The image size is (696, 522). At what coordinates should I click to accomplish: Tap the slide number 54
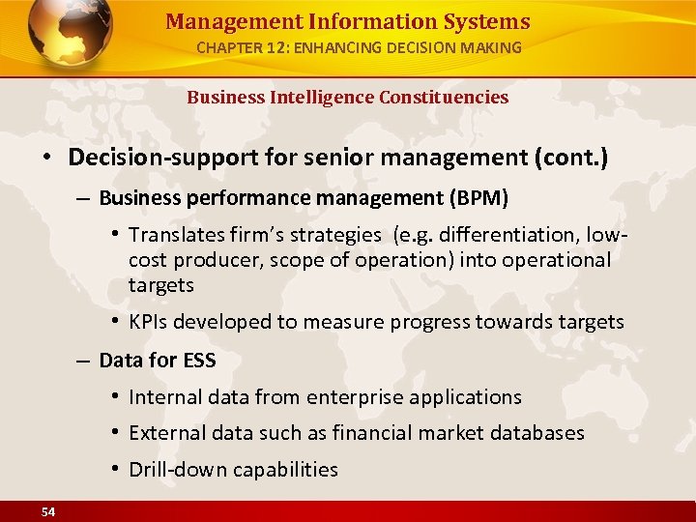point(47,511)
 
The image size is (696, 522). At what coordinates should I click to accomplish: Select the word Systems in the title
point(487,21)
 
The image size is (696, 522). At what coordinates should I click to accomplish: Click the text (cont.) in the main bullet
point(572,158)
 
